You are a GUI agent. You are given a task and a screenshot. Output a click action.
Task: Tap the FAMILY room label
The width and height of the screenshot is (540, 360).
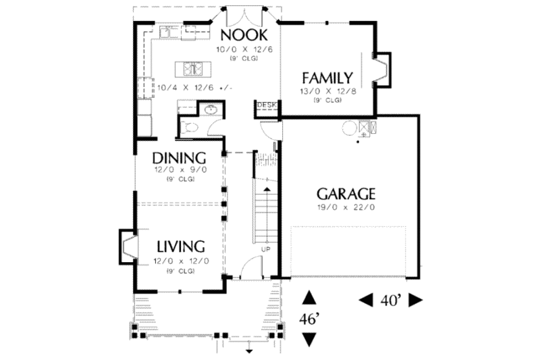(x=327, y=78)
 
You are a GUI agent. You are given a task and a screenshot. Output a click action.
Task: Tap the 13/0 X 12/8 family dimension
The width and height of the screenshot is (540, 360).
(x=327, y=91)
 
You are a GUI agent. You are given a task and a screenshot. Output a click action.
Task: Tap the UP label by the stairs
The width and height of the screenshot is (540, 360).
(x=266, y=249)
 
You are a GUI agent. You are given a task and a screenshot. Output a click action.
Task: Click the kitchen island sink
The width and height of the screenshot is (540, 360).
(x=191, y=68)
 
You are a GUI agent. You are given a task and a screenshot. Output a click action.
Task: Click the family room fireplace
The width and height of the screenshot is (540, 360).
(x=381, y=70)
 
